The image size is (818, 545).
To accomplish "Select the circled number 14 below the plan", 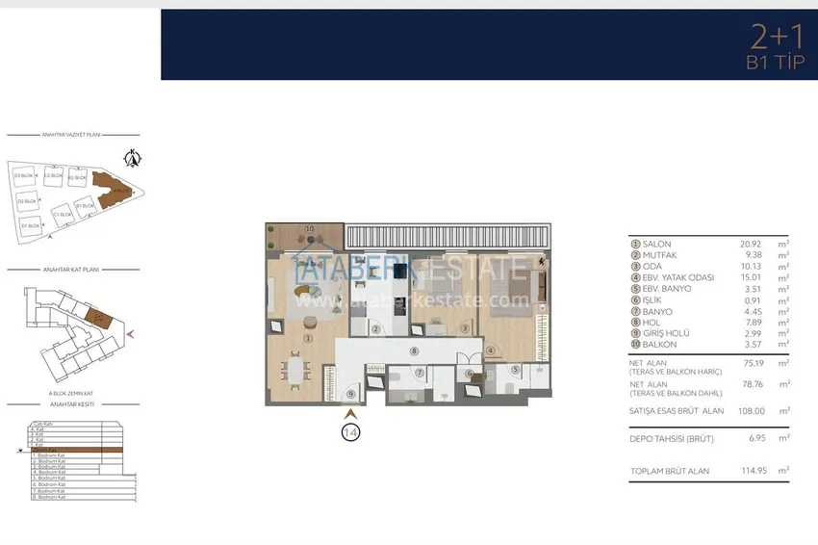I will pos(351,433).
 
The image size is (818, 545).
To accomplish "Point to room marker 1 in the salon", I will pos(308,338).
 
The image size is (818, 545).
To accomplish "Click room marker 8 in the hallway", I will pos(413,352).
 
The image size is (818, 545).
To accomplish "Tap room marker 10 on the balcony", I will pos(309,229).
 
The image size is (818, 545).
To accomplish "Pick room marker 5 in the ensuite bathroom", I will pos(515,370).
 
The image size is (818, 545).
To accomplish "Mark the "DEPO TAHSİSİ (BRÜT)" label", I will pos(671,437).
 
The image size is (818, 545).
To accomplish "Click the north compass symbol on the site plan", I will pos(135,158).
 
